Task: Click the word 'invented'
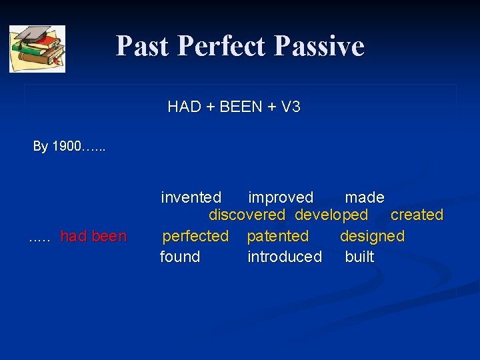coord(191,197)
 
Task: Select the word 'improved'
coord(280,197)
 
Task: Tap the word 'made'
coord(364,197)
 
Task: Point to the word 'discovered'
coord(247,215)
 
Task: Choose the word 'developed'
coord(331,215)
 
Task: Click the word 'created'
coord(417,215)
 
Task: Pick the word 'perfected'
coord(195,236)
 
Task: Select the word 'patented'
coord(278,236)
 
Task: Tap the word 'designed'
coord(372,236)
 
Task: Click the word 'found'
coord(180,257)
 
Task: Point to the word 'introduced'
coord(285,257)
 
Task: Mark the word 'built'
coord(359,257)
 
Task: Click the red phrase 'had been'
coord(93,236)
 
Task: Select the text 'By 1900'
coord(57,146)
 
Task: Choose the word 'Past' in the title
coord(142,46)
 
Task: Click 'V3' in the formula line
coord(291,107)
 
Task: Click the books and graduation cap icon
coord(37,49)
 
